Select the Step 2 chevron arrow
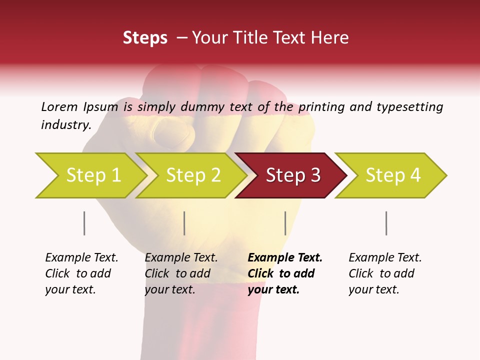click(191, 175)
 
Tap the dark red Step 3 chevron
click(291, 175)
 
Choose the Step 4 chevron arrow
click(391, 175)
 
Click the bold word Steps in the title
click(145, 37)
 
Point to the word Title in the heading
click(254, 37)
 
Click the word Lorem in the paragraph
click(59, 106)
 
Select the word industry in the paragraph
click(66, 125)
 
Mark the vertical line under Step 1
click(84, 223)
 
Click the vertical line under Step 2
click(184, 223)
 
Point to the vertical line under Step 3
click(285, 223)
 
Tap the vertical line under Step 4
click(386, 223)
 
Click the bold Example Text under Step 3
click(285, 258)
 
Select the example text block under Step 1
click(81, 273)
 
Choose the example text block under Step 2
click(181, 273)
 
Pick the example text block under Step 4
click(385, 273)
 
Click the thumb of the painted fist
click(172, 132)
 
